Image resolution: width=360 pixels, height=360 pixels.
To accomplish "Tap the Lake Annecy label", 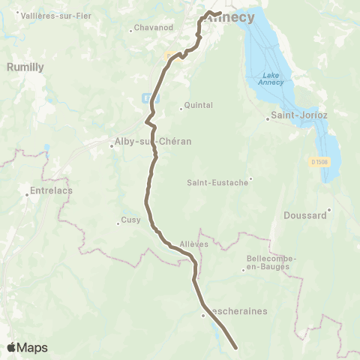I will point(271,79).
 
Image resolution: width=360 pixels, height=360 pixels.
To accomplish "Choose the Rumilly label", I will point(25,67).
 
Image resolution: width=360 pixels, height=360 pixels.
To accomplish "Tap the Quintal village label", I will point(199,106).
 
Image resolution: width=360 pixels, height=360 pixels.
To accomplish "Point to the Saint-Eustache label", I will point(217,182).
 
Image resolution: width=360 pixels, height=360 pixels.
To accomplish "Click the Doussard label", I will point(305,215).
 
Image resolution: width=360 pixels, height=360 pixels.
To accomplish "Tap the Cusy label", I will point(130,220).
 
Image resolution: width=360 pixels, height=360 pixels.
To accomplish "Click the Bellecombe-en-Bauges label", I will point(271,263).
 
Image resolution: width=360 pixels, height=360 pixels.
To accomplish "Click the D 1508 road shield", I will point(318,161).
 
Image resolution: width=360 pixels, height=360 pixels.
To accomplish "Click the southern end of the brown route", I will point(236,348).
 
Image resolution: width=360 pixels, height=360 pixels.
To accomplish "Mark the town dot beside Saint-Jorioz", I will point(268,118).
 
